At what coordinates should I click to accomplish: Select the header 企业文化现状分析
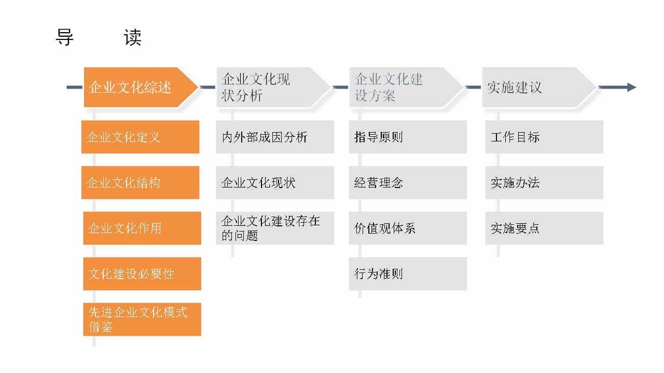[273, 88]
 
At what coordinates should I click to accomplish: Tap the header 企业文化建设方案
[406, 88]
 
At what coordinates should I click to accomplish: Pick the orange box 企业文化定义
[140, 137]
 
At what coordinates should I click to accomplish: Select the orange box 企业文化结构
[140, 183]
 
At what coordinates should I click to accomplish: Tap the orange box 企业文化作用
[142, 228]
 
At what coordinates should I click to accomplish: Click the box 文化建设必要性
[142, 274]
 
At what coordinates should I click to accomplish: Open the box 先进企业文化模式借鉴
[142, 320]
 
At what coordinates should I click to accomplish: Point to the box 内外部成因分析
[275, 137]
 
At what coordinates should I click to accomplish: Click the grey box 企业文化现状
[275, 183]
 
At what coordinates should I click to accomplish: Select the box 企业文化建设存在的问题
[275, 228]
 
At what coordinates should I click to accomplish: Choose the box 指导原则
[408, 137]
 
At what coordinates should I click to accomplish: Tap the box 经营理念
[408, 183]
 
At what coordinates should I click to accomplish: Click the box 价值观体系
[408, 228]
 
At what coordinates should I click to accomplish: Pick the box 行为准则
[408, 274]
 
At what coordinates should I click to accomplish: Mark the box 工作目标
[544, 137]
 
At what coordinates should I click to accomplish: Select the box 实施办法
[544, 183]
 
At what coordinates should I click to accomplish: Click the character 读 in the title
[132, 37]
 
